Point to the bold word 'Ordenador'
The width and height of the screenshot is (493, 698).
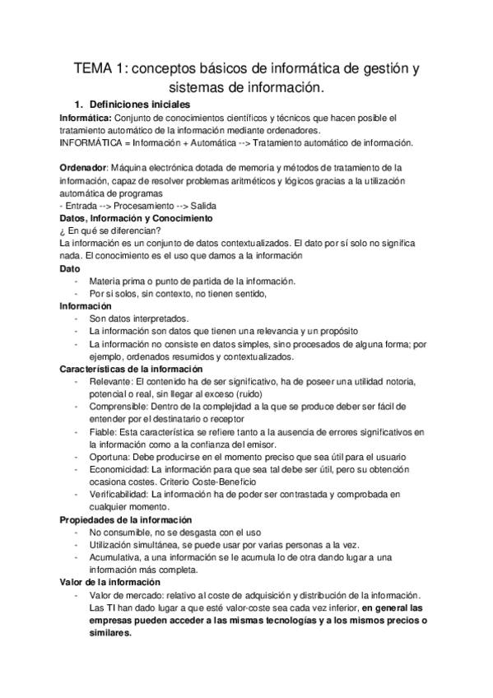point(84,167)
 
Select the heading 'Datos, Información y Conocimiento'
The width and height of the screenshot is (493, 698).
point(137,218)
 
